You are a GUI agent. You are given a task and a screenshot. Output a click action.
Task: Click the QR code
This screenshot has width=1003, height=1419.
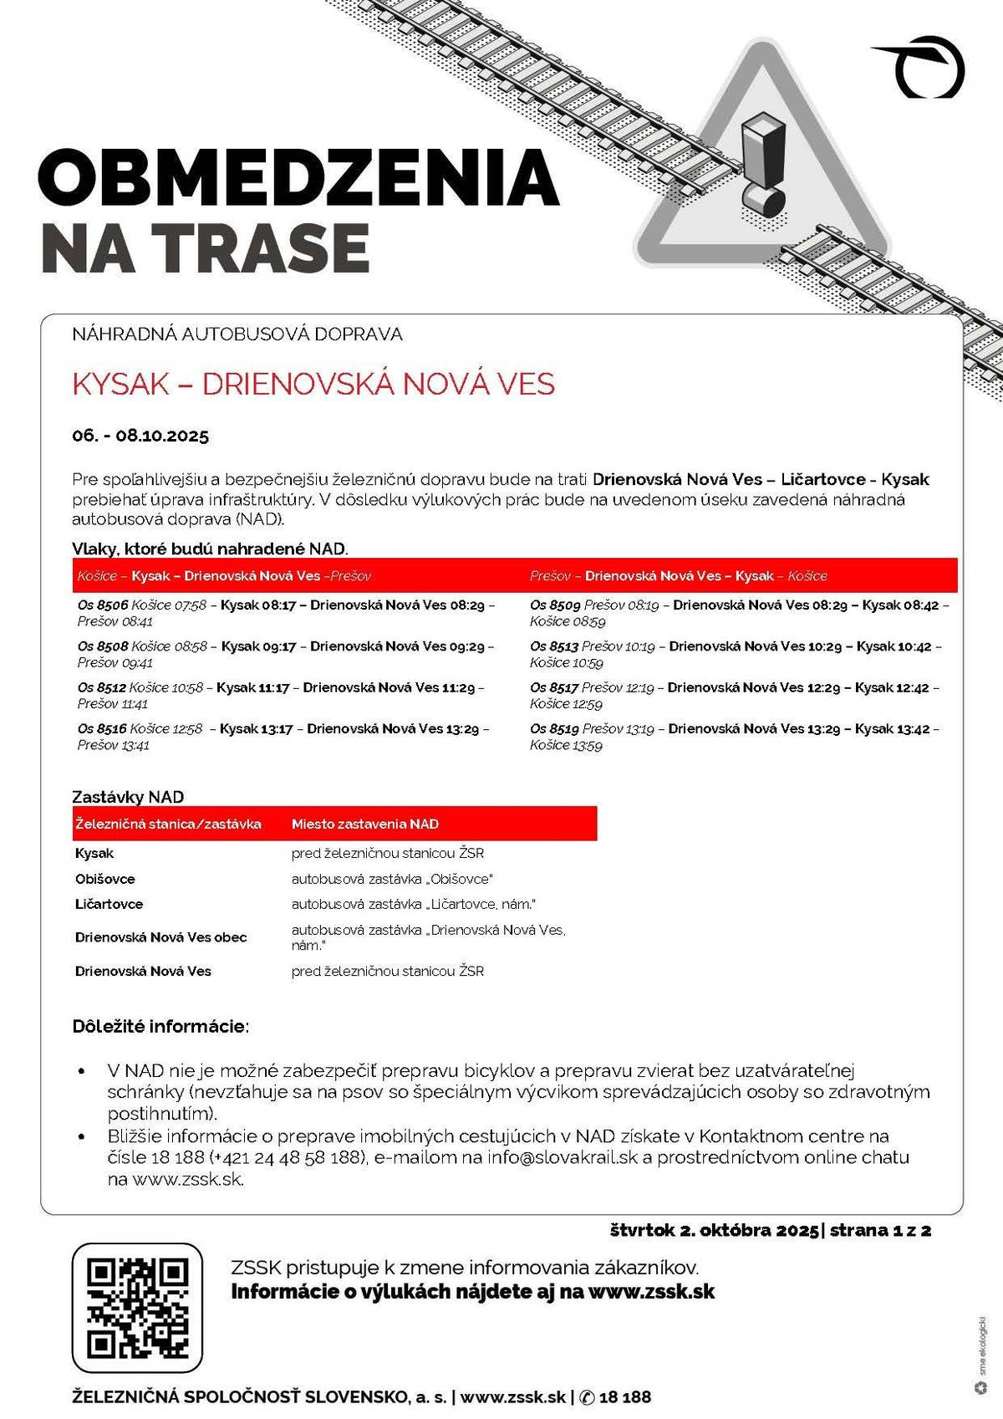[137, 1308]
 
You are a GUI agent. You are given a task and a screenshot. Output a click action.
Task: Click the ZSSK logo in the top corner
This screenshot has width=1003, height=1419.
[923, 67]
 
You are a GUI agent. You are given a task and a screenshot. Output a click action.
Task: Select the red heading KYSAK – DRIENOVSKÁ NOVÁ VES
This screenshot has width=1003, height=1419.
[313, 384]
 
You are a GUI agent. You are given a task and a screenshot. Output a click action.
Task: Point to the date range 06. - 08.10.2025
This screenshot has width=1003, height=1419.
[140, 436]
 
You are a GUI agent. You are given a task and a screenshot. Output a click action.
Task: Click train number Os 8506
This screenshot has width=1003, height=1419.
[103, 605]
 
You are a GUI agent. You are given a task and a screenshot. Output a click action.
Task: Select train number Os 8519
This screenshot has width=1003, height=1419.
[554, 729]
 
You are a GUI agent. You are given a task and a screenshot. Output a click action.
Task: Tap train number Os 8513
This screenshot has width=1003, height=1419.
[554, 646]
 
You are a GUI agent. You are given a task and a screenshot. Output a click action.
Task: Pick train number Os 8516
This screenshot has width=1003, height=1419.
[103, 729]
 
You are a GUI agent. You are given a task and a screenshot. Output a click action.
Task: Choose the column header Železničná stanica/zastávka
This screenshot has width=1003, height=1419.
[168, 824]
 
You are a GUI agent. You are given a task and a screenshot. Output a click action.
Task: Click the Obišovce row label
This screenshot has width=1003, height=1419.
[105, 879]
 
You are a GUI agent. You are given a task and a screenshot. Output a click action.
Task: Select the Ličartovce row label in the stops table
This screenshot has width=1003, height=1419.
[109, 904]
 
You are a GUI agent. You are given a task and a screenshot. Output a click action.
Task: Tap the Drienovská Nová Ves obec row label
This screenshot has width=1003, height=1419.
[161, 937]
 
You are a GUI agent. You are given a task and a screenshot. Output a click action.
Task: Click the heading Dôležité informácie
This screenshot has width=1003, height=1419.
[160, 1026]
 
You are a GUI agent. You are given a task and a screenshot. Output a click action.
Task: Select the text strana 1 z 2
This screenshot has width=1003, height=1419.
[880, 1230]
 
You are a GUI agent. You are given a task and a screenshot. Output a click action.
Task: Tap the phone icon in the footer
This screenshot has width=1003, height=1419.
[587, 1397]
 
